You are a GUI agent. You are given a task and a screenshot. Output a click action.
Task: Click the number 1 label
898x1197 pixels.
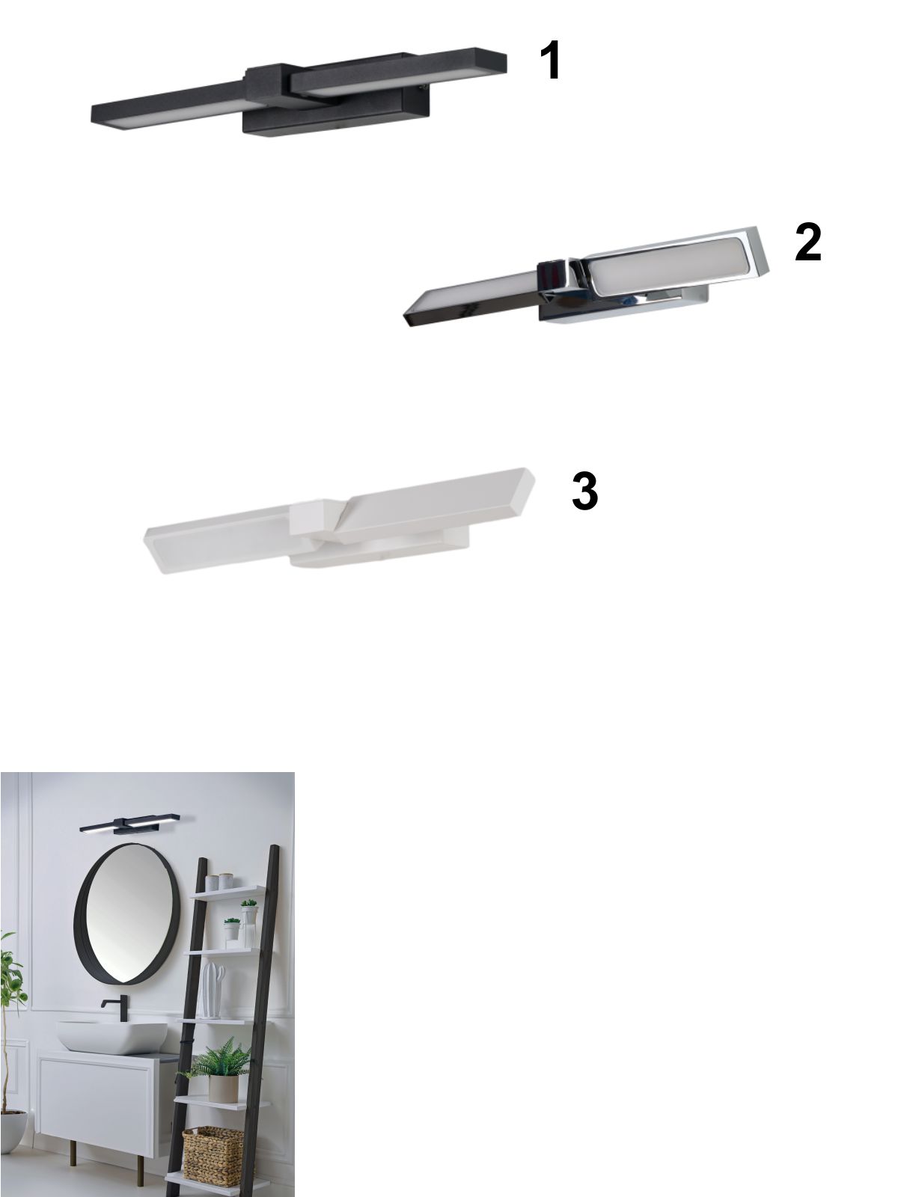point(550,60)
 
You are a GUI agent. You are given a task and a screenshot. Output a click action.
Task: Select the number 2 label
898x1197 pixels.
point(807,242)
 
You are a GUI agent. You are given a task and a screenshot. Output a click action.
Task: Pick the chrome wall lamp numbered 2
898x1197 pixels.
point(586,277)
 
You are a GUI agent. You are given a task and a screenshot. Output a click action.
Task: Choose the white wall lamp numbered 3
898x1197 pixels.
point(338,520)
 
